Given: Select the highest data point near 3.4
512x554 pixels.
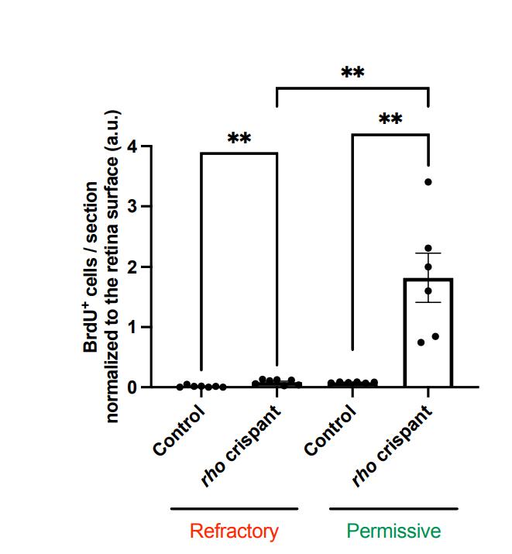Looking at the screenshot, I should pos(428,182).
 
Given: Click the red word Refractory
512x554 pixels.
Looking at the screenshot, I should pos(234,532).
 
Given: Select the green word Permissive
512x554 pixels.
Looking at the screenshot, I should pos(393,532).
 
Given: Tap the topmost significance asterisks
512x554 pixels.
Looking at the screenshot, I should pos(352,74).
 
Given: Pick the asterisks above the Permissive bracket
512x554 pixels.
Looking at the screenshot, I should pos(390,121).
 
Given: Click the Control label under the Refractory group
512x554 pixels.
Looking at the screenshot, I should pos(180,430).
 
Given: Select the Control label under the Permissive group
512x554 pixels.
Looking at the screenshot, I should pos(332,430).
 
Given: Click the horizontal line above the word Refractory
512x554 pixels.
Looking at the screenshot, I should pos(234,509).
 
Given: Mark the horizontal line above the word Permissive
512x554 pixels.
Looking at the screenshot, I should pos(393,509).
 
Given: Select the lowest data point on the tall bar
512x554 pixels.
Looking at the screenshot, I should pos(421,342).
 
